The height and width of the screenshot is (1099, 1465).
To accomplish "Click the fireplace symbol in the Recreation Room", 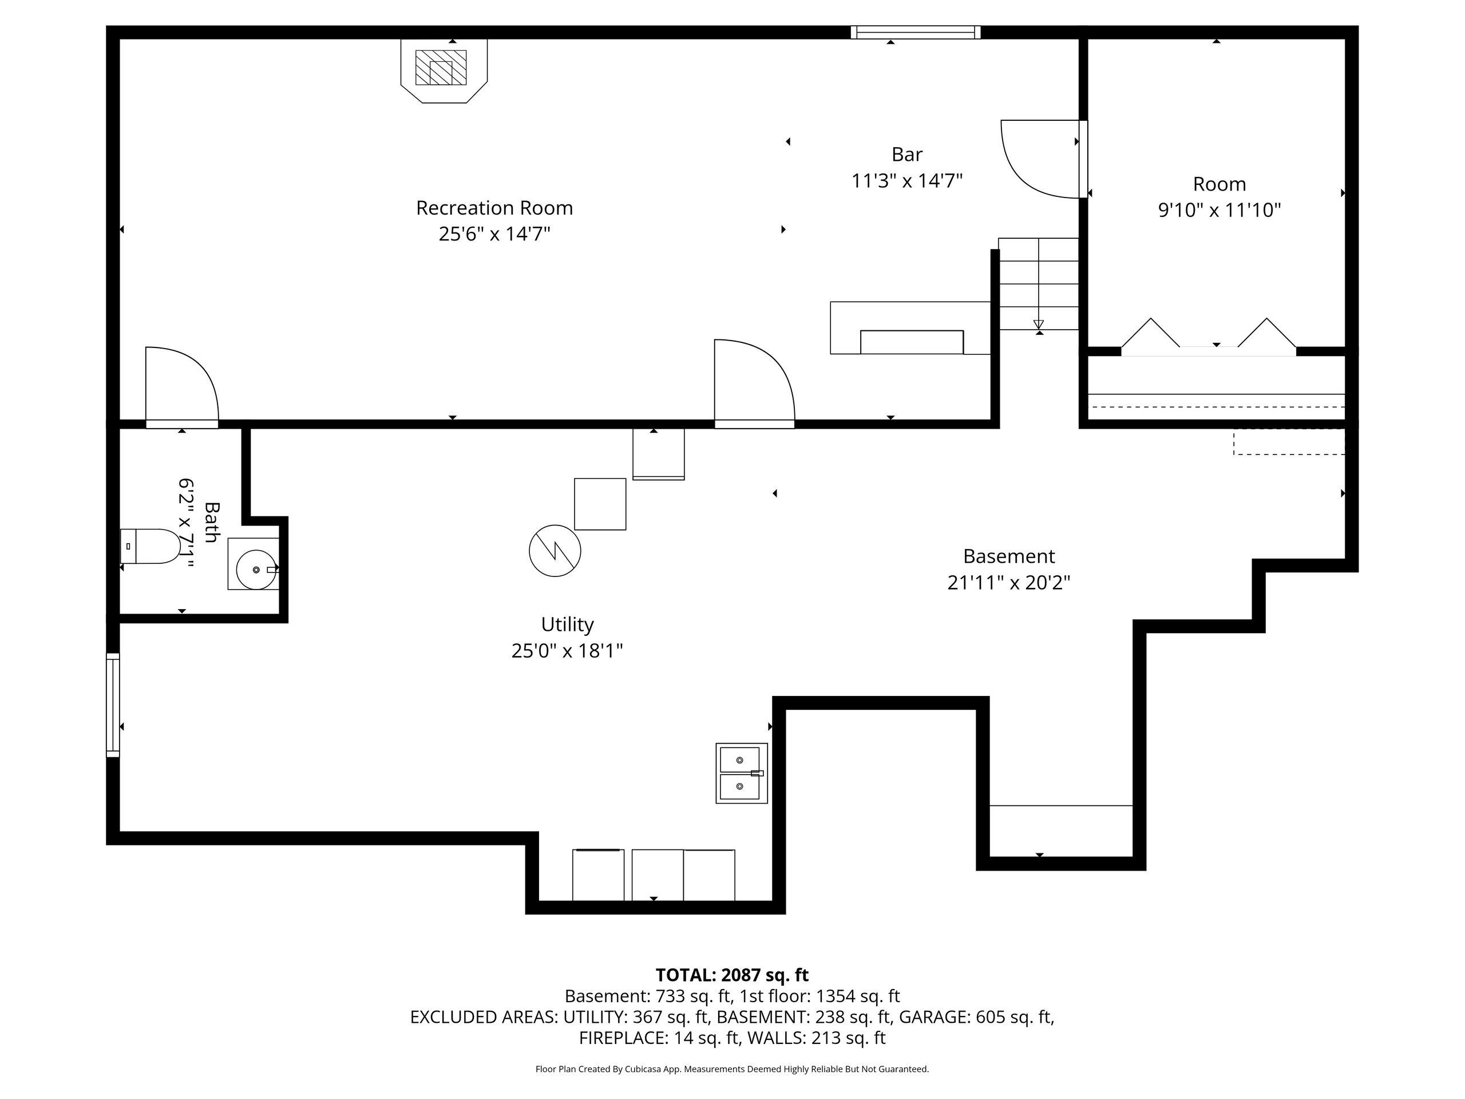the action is pos(444,70).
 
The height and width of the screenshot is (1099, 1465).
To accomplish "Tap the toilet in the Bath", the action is pos(151,546).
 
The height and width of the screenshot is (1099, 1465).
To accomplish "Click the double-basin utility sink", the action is pos(742,773).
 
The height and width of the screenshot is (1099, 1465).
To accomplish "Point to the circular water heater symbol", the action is pos(555,551).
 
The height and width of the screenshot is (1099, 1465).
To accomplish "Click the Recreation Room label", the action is pos(494,208).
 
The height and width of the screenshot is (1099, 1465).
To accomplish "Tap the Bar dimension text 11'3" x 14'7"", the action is pos(906,180).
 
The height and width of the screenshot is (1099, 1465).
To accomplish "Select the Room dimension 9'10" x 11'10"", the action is pos(1219,210).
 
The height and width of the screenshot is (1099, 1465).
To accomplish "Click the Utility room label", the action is pos(568,624).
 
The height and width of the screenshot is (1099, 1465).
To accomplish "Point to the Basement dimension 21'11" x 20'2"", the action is pos(1009,582).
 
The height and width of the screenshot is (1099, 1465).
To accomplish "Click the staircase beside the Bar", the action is pos(1039,283).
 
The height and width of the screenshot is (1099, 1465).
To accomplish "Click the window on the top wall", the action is pos(915,33).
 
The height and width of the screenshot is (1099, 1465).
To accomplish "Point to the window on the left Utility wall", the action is pos(113,705).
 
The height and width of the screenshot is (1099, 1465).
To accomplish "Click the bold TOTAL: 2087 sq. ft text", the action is pos(732,975).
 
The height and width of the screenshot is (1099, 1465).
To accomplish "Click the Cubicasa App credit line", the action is pos(732,1069).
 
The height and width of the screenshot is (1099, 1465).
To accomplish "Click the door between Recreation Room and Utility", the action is pos(754,383).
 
